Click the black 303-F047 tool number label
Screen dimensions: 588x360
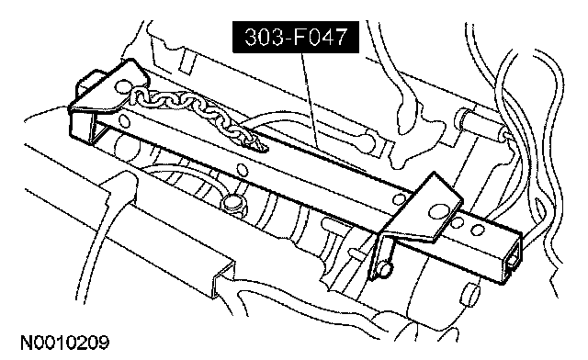click(x=296, y=37)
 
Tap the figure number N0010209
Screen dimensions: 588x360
click(x=65, y=343)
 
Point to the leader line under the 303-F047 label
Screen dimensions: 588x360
click(x=310, y=100)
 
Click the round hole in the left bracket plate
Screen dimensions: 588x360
click(x=122, y=87)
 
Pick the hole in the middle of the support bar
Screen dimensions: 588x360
click(x=243, y=171)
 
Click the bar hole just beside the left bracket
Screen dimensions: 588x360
click(x=124, y=120)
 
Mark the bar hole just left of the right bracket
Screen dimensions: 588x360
click(x=399, y=198)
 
